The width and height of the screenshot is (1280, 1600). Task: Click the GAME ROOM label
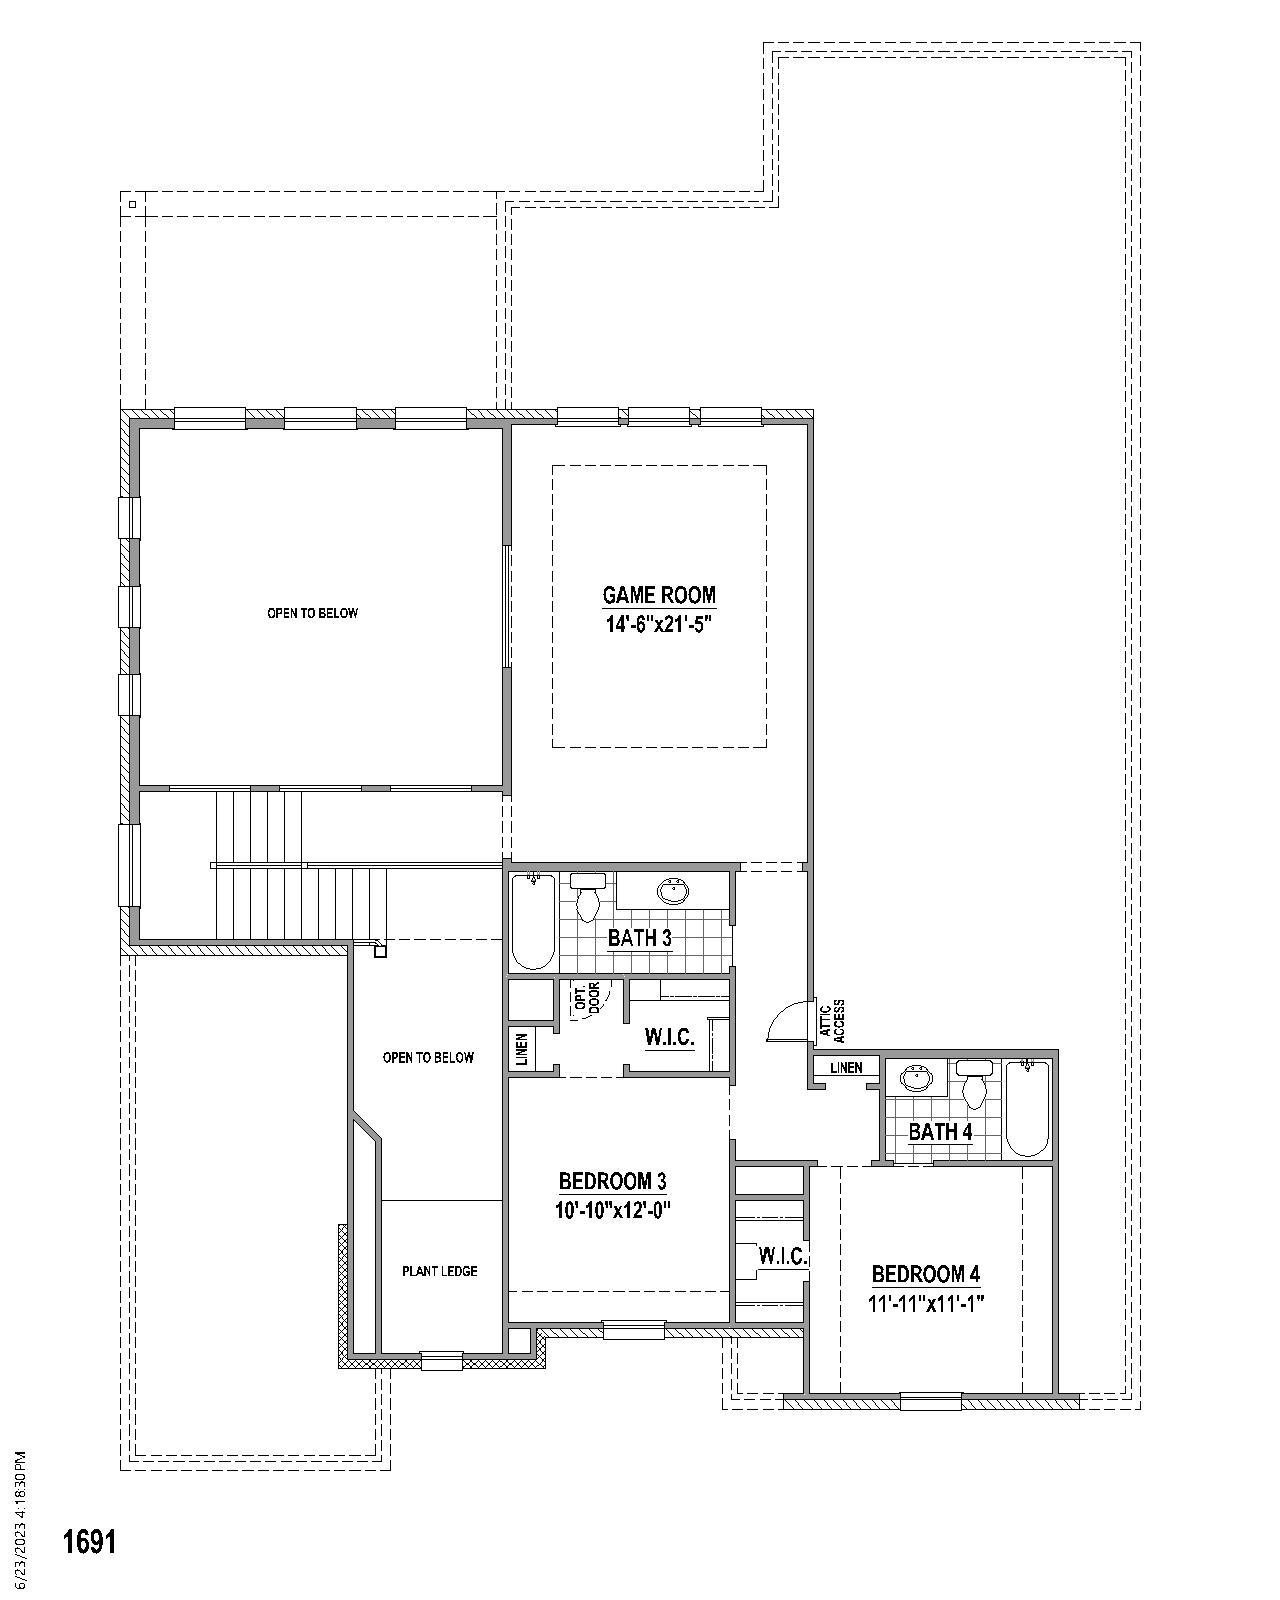tap(659, 595)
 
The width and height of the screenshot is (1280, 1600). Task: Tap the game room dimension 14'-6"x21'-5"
tap(659, 625)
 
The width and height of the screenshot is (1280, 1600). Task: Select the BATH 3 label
tap(639, 938)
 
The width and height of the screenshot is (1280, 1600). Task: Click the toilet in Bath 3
tap(587, 897)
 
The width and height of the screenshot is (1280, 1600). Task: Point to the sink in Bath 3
tap(673, 890)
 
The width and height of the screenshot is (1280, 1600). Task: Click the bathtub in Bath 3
tap(532, 921)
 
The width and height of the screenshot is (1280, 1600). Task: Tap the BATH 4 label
tap(940, 1132)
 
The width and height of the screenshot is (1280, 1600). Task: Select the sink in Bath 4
tap(916, 1079)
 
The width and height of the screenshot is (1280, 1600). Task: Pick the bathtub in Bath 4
tap(1027, 1108)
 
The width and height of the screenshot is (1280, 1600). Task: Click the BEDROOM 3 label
tap(612, 1182)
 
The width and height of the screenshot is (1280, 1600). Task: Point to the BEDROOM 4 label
tap(926, 1274)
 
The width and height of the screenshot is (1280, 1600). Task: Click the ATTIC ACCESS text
tap(832, 1020)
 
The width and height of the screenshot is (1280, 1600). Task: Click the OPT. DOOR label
tap(587, 999)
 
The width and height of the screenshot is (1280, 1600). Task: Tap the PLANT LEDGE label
tap(440, 1271)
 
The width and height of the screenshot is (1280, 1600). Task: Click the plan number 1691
tap(90, 1541)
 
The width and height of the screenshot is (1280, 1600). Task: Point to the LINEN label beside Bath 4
tap(846, 1068)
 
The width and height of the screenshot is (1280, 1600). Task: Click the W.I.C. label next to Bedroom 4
tap(783, 1256)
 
